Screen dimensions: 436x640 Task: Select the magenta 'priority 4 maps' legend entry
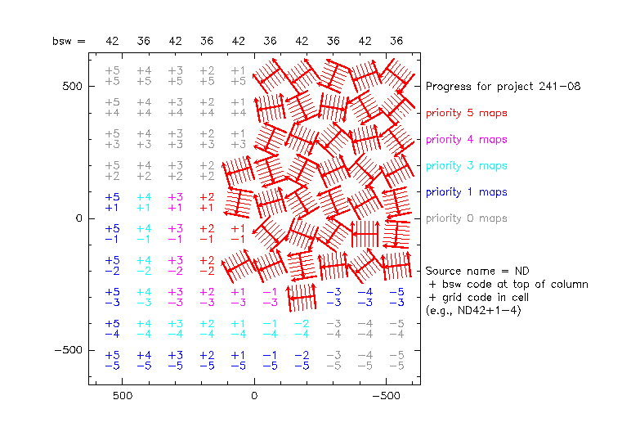pyautogui.click(x=466, y=139)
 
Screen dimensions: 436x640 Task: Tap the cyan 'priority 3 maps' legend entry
pyautogui.click(x=466, y=165)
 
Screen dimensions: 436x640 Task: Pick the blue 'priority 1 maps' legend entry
pyautogui.click(x=466, y=191)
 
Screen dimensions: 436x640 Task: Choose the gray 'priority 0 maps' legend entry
pyautogui.click(x=466, y=218)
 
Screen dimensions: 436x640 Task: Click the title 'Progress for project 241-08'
pyautogui.click(x=503, y=86)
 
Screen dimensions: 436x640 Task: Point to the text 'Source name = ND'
pyautogui.click(x=467, y=271)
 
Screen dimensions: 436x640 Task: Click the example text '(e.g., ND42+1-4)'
pyautogui.click(x=474, y=311)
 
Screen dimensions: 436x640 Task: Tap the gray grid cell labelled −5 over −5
pyautogui.click(x=397, y=361)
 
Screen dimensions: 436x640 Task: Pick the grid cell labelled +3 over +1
pyautogui.click(x=175, y=203)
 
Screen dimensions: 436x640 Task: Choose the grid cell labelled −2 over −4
pyautogui.click(x=302, y=329)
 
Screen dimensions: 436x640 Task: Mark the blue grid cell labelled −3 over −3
pyautogui.click(x=333, y=297)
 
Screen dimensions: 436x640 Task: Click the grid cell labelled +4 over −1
pyautogui.click(x=144, y=234)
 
